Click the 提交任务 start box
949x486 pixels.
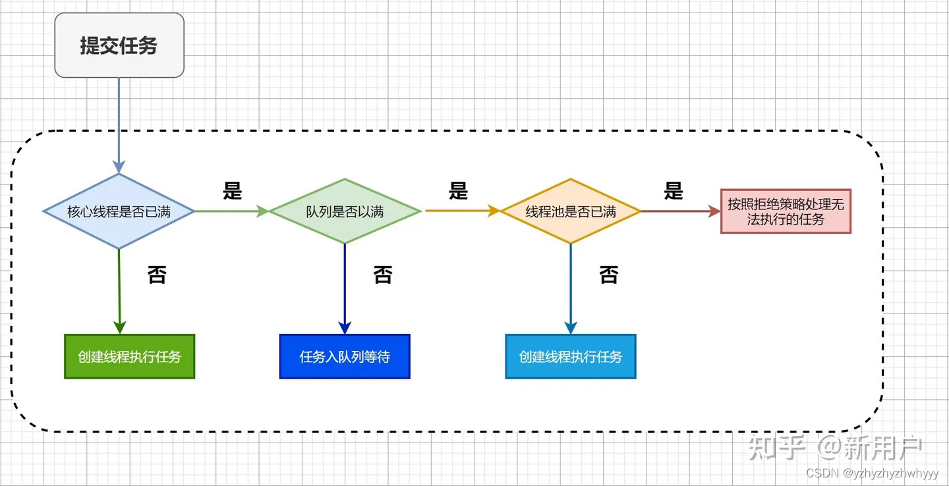[x=119, y=45]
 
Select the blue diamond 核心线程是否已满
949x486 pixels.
[x=119, y=211]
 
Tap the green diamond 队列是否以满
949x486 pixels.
[x=345, y=211]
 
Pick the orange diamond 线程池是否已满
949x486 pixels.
[x=571, y=211]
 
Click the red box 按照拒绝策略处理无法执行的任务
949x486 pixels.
[x=786, y=212]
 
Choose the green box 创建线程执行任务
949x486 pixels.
[x=129, y=356]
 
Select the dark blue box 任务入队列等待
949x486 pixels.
[x=345, y=356]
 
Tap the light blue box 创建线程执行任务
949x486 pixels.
[x=571, y=356]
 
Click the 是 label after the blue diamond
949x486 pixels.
[x=232, y=190]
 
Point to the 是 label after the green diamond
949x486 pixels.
[x=458, y=190]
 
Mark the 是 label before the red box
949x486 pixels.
[x=674, y=190]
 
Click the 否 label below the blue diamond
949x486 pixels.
[x=157, y=275]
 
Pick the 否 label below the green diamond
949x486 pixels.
[x=383, y=275]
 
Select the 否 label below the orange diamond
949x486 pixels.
[x=609, y=275]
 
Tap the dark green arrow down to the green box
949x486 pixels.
[x=119, y=290]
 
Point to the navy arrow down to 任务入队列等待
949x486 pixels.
[x=345, y=290]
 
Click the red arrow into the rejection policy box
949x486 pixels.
[x=679, y=211]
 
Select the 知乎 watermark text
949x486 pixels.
[x=778, y=448]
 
